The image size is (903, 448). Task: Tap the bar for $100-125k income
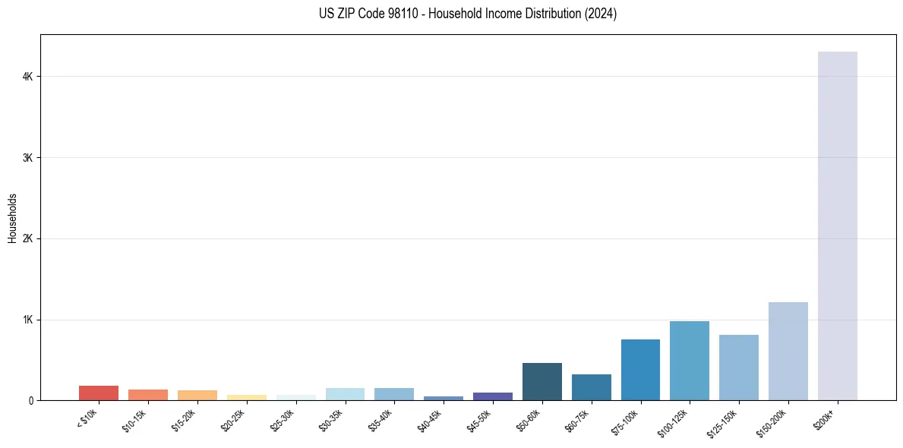pos(689,361)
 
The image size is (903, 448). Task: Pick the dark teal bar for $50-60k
pos(541,382)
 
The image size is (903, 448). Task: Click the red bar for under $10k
pos(99,393)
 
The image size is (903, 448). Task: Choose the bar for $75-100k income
pos(640,370)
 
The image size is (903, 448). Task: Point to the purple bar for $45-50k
pos(492,396)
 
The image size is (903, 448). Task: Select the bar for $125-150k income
pos(738,368)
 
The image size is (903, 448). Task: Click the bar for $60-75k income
pos(591,387)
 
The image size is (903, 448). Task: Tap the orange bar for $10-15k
pos(148,395)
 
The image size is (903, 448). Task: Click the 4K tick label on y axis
pos(28,77)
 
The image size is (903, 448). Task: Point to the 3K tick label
pos(28,158)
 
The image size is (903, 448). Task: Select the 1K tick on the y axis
pos(28,320)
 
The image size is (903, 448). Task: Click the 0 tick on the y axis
pos(31,401)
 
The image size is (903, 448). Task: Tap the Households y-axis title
pos(12,218)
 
